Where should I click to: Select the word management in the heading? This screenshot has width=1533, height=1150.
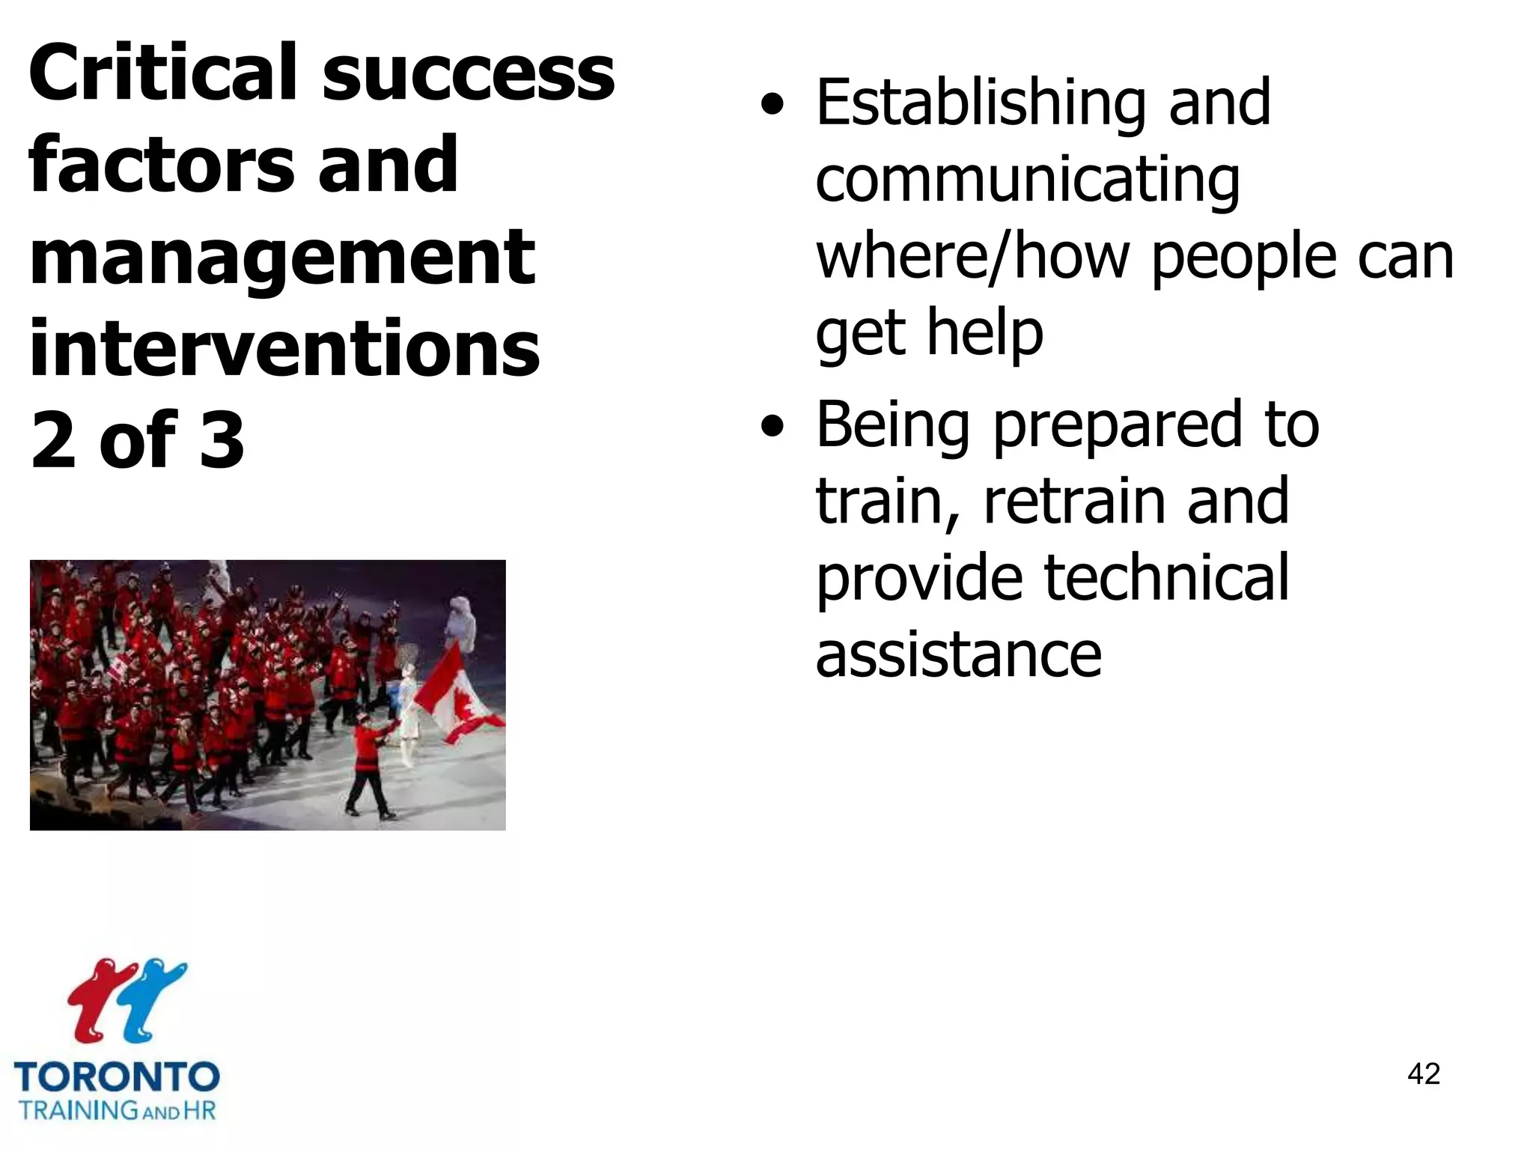click(282, 260)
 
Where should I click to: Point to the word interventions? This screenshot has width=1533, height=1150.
click(284, 349)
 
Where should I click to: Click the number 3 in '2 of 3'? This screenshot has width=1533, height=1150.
click(222, 441)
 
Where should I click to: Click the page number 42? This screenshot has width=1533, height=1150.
click(1423, 1074)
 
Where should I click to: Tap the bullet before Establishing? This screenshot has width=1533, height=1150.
click(772, 106)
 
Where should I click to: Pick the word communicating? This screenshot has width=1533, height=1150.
click(1027, 183)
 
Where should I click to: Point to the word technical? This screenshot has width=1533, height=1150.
click(1165, 579)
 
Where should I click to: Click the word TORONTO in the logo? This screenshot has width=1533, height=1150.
click(117, 1077)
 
